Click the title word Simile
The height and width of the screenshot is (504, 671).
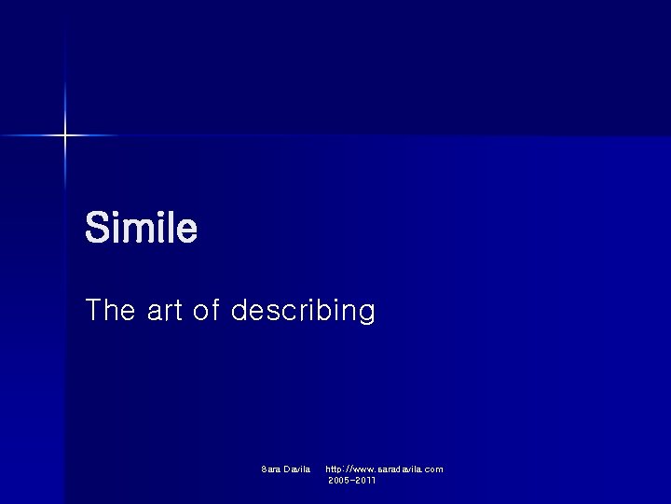[x=141, y=228]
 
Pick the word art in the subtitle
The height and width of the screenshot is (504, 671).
[x=165, y=310]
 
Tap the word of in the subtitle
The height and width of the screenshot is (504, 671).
[x=206, y=310]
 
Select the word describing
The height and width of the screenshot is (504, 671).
[x=303, y=310]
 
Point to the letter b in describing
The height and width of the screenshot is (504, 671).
[x=326, y=310]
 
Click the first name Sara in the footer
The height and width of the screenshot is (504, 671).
[x=271, y=469]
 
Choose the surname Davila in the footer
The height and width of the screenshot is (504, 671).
[x=297, y=469]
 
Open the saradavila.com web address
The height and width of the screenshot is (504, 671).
[x=384, y=469]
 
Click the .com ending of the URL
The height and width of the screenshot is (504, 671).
[x=433, y=469]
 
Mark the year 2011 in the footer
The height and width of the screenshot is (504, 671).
[x=365, y=480]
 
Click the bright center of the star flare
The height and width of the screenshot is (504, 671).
[x=65, y=136]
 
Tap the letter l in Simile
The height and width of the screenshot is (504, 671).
[x=169, y=228]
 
